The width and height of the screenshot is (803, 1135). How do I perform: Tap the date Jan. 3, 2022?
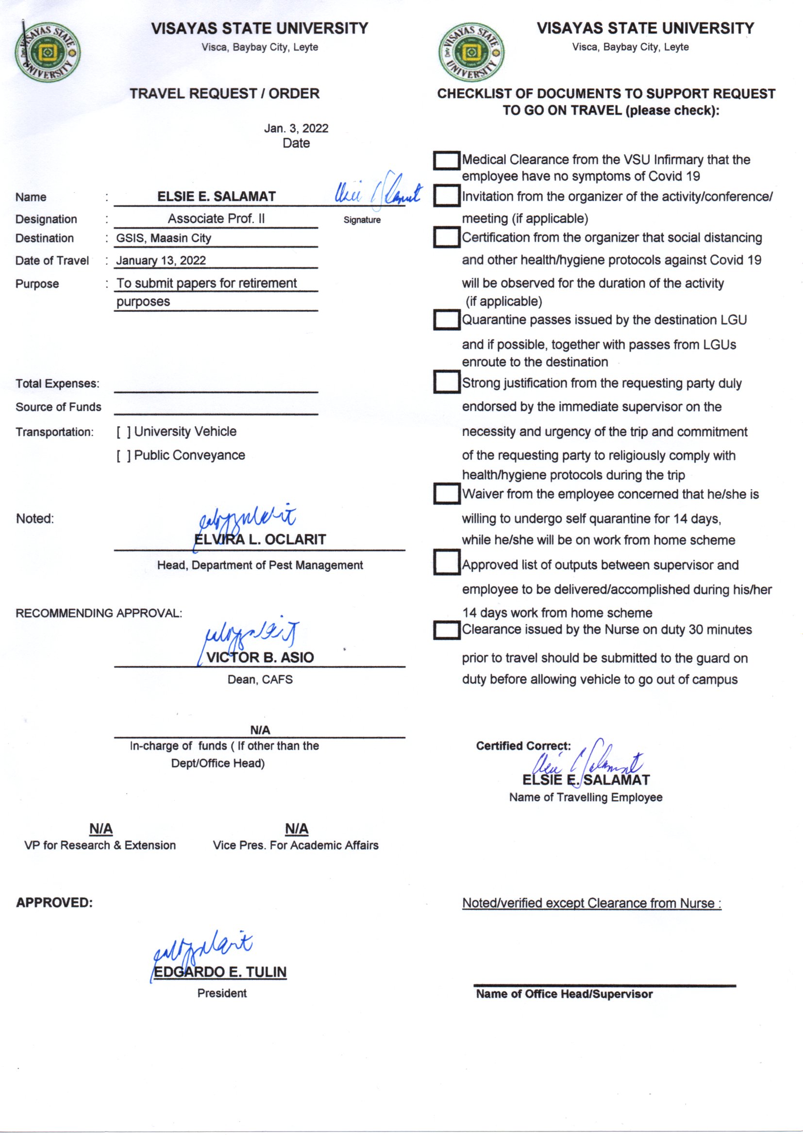tap(296, 129)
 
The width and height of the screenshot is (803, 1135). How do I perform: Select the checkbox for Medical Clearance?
tap(447, 161)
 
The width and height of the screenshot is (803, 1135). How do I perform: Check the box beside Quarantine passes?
tap(447, 320)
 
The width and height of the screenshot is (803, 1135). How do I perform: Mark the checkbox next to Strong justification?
tap(447, 383)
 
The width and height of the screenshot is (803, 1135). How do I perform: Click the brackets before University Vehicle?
tap(124, 432)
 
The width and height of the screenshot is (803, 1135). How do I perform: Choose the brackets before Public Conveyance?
tap(124, 456)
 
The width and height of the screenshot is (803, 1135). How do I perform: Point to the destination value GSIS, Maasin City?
tap(164, 238)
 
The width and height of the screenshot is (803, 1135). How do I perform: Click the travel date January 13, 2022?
tap(161, 261)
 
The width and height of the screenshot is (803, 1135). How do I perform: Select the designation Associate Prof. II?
tap(216, 218)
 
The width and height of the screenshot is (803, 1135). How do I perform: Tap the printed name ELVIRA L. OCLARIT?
tap(260, 539)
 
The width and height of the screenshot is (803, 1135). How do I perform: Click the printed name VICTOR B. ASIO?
tap(260, 657)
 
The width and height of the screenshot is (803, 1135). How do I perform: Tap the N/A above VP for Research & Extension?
tap(101, 829)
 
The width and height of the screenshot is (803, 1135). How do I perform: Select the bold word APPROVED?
tap(54, 902)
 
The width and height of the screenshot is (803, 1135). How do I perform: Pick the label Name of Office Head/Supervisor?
tap(564, 994)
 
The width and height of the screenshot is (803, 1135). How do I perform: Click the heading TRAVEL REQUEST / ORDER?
tap(224, 93)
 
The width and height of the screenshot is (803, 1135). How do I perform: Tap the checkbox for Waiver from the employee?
tap(447, 494)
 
